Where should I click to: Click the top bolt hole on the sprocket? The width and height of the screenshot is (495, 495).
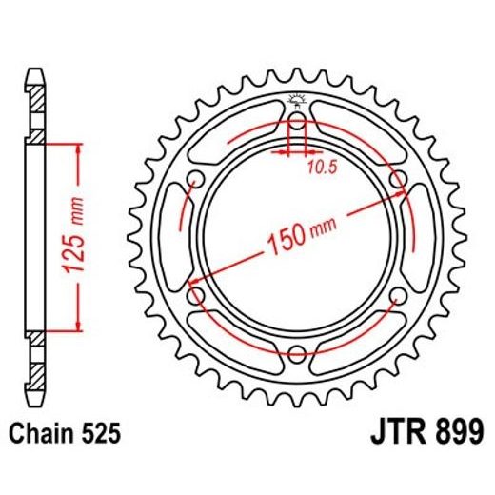pos(296,121)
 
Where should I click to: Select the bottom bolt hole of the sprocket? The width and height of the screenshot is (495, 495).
pos(296,355)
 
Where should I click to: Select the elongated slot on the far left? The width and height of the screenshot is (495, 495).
pos(176,238)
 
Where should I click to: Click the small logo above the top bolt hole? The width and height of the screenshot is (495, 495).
pos(296,98)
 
